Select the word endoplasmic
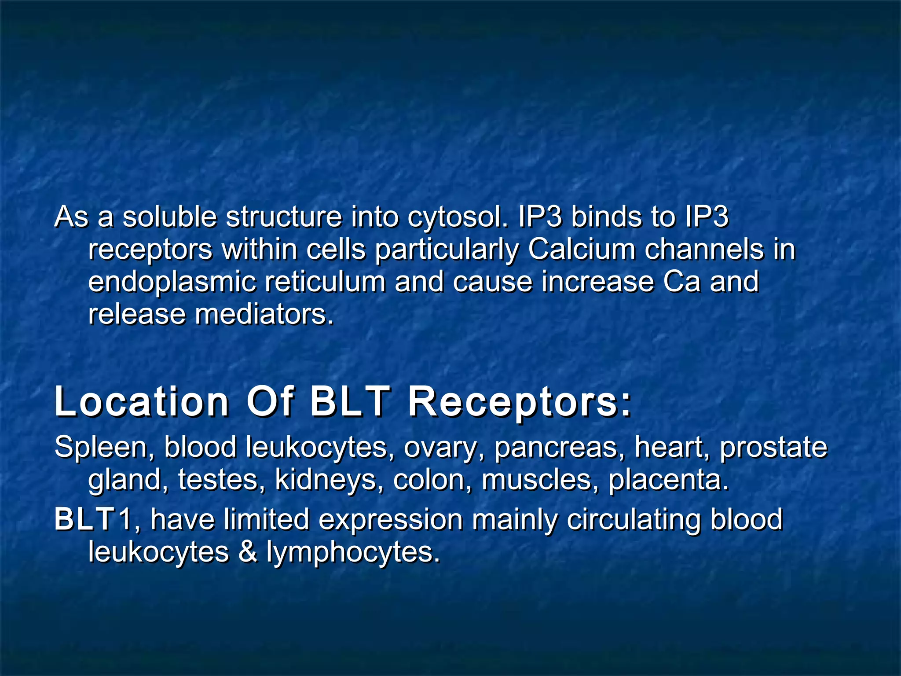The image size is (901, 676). pos(172,283)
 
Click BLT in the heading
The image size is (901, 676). pos(350,401)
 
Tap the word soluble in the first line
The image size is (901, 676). pos(169,217)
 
